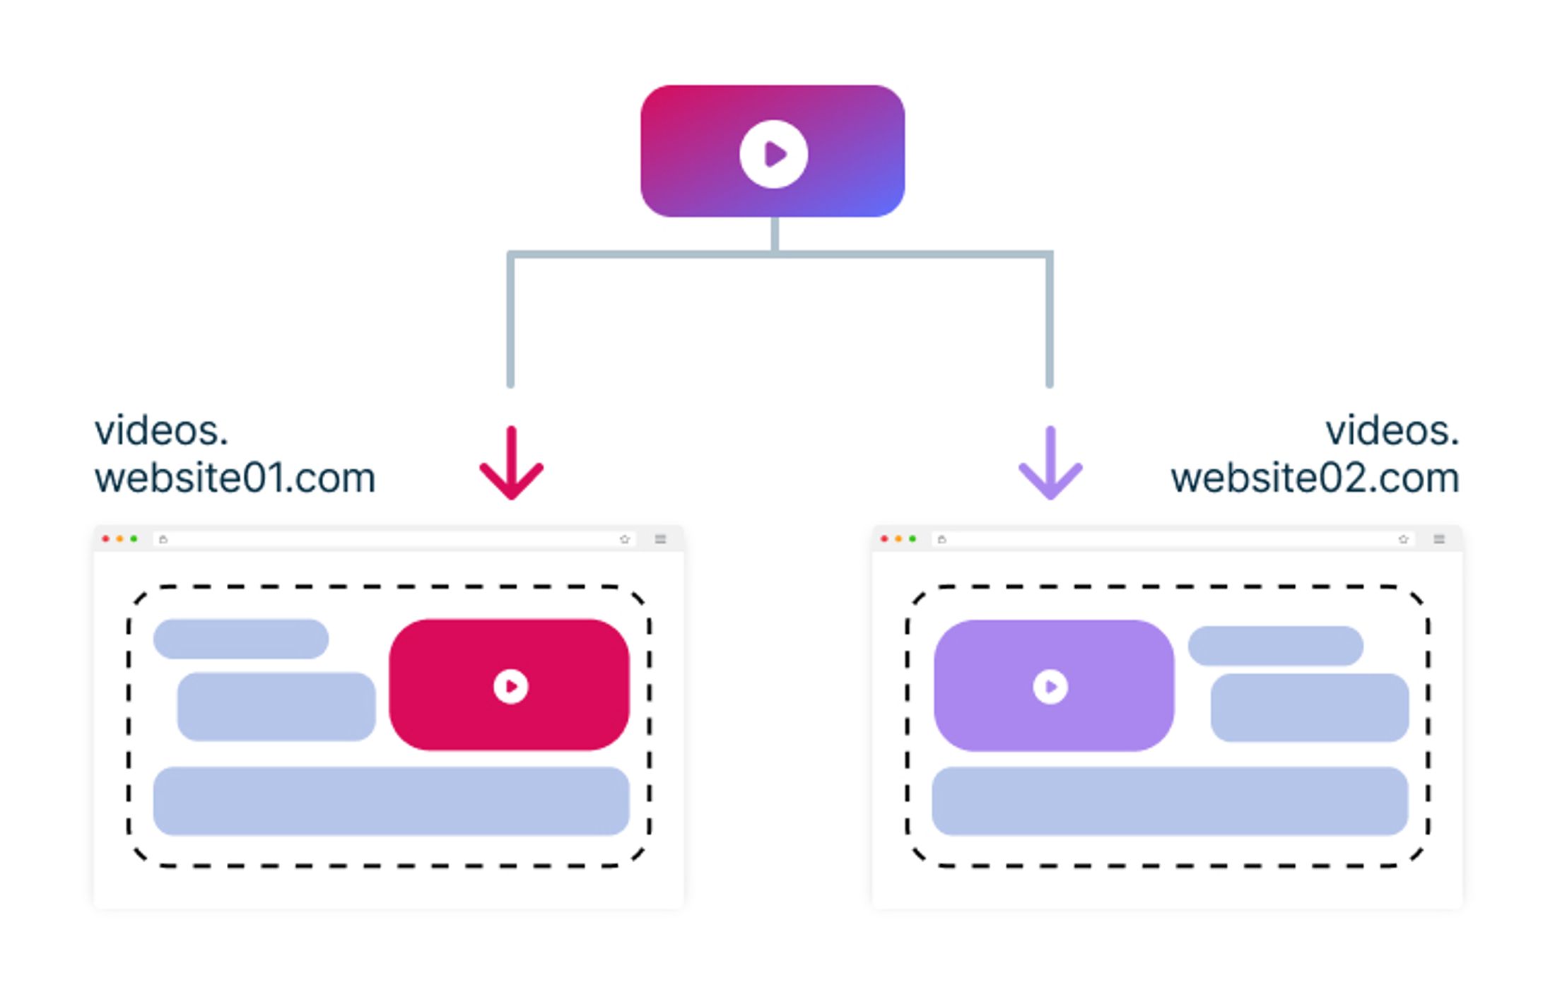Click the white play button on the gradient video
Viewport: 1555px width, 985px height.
[x=773, y=154]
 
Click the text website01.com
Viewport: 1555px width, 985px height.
[x=235, y=478]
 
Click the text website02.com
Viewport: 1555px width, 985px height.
[x=1315, y=478]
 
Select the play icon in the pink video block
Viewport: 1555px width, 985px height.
[x=510, y=686]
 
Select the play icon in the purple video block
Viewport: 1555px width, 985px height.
[x=1050, y=686]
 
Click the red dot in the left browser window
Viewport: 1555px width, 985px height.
[x=106, y=539]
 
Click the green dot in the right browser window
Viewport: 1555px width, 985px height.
[x=913, y=539]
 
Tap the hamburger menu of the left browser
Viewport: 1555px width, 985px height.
[x=660, y=539]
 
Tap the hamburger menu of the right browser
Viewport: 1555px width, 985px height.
[x=1439, y=539]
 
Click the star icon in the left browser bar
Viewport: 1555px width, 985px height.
[x=624, y=539]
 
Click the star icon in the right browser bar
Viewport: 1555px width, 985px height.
[x=1403, y=539]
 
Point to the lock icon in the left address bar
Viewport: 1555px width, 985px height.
[x=163, y=539]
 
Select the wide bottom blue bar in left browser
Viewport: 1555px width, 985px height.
[x=391, y=801]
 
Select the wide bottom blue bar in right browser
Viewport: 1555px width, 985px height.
[x=1170, y=801]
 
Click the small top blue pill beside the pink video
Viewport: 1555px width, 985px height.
[x=241, y=639]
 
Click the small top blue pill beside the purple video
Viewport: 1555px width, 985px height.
[x=1275, y=645]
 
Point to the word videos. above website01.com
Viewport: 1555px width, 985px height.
[x=161, y=431]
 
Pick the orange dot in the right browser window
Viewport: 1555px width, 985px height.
[x=898, y=539]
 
